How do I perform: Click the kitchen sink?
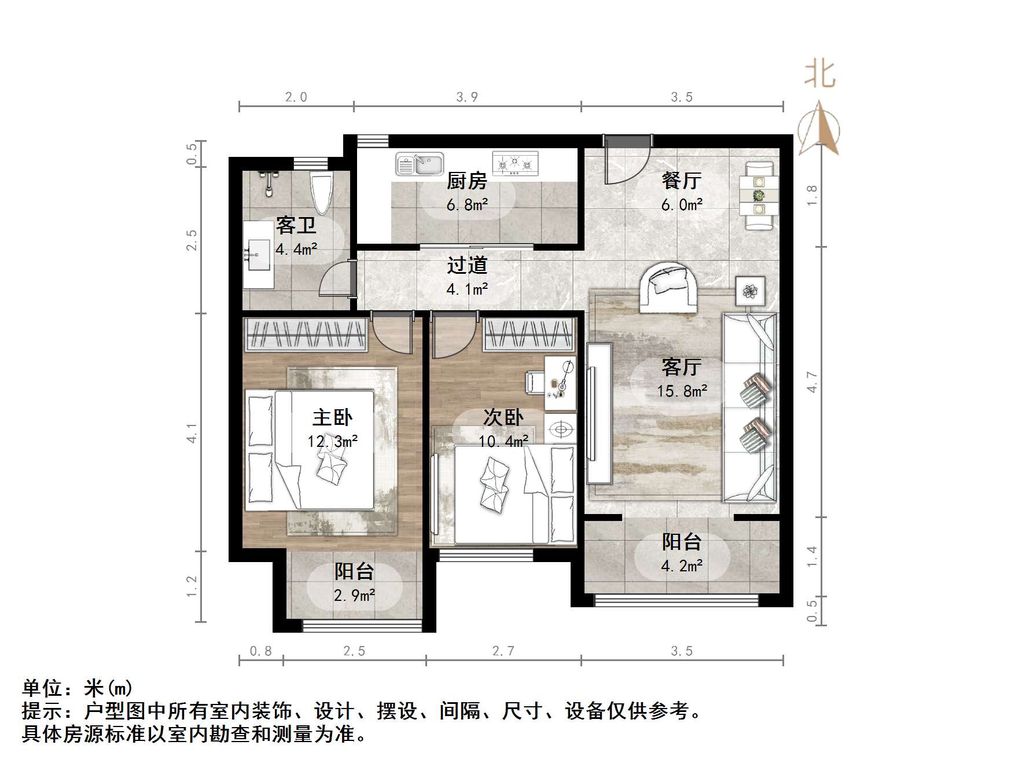tap(420, 164)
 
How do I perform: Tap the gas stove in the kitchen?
tap(515, 163)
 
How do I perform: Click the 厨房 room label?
tap(466, 181)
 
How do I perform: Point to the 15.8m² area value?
tap(682, 391)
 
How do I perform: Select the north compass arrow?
tap(818, 129)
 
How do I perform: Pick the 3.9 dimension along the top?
tap(467, 97)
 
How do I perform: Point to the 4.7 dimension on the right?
tap(813, 382)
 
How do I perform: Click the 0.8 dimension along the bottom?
tap(261, 651)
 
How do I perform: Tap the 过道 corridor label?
tap(467, 266)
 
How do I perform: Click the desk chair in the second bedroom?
tap(534, 382)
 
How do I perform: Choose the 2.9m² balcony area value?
tap(354, 594)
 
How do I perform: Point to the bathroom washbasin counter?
tap(258, 255)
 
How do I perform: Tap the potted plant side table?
tap(751, 291)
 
